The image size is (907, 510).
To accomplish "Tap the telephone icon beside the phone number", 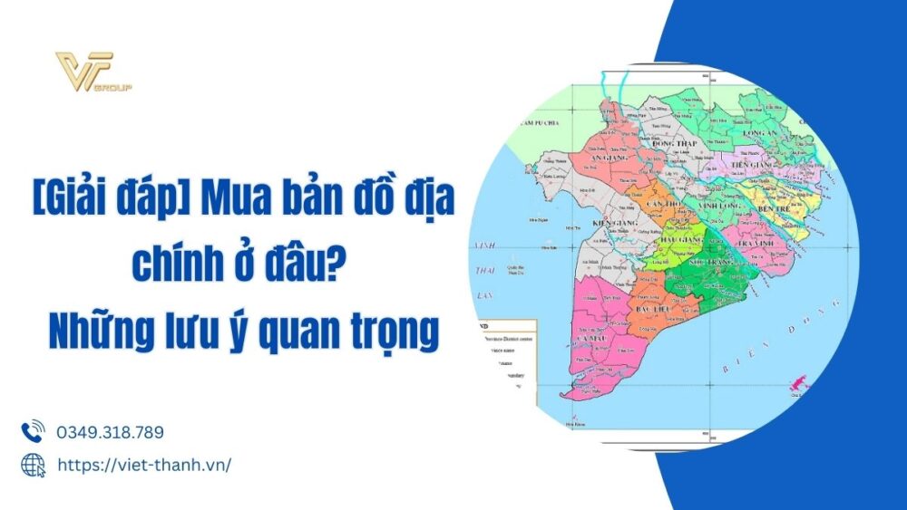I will pyautogui.click(x=33, y=432).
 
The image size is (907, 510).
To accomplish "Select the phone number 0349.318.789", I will pyautogui.click(x=110, y=433).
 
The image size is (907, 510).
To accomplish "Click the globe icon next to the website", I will pyautogui.click(x=33, y=465).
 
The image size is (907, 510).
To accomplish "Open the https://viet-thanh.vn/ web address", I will pyautogui.click(x=144, y=465).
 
